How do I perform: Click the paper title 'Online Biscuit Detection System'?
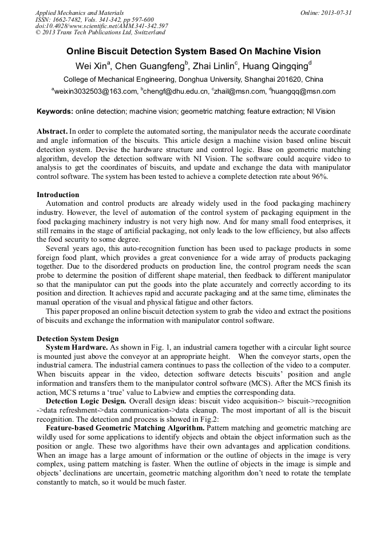(193, 51)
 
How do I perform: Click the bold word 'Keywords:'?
(54, 111)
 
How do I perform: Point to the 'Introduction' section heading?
(58, 195)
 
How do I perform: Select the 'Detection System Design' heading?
(78, 339)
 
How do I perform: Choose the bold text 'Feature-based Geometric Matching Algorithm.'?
(124, 427)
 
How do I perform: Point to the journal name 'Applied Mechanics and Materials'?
(79, 13)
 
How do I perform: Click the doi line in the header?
(101, 26)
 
